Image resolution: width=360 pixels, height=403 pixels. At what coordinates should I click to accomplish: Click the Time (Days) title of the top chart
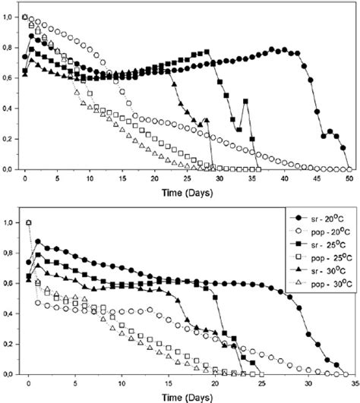point(185,192)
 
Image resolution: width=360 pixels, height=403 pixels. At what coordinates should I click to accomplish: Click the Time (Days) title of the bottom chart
point(185,396)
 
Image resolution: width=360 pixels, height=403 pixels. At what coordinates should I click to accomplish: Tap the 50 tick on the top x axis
point(349,180)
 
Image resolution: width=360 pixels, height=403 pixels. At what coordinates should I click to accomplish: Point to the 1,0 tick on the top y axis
point(9,16)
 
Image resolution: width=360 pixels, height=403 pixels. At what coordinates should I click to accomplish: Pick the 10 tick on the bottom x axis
point(118,384)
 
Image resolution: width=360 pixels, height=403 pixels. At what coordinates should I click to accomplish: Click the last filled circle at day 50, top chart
point(348,168)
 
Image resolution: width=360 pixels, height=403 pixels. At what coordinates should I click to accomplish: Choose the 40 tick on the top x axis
point(283,180)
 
